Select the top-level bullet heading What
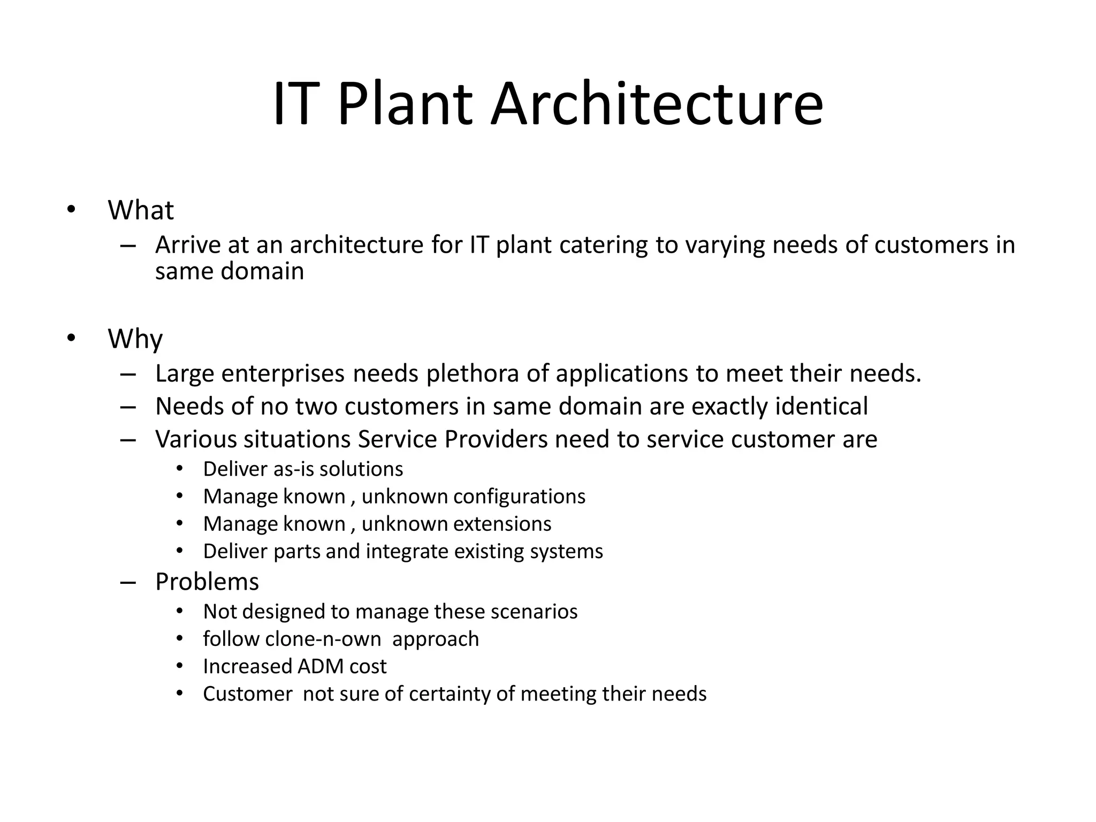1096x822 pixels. tap(141, 210)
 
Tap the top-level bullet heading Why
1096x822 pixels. tap(135, 339)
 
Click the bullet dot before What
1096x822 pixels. tap(71, 210)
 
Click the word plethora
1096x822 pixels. tap(472, 374)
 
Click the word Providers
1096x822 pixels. tap(496, 439)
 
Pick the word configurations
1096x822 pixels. tap(519, 497)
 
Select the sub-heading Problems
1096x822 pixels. tap(207, 582)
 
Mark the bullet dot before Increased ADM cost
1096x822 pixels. tap(180, 666)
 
